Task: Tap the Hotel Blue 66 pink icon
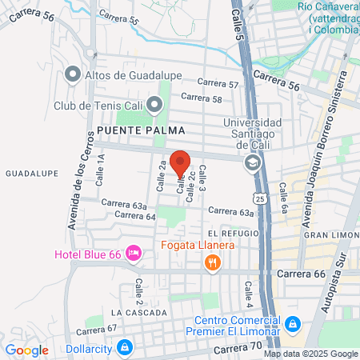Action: coord(134,254)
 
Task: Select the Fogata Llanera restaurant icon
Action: coord(212,262)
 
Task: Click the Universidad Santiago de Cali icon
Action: coord(253,163)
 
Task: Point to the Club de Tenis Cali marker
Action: coord(154,104)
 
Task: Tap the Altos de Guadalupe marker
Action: coord(73,75)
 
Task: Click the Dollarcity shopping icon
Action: coord(124,347)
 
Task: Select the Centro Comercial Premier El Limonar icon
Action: coord(293,324)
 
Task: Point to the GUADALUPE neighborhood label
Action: coord(29,173)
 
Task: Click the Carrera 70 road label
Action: coord(238,350)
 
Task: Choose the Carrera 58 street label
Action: coord(201,98)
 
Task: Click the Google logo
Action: coord(27,350)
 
